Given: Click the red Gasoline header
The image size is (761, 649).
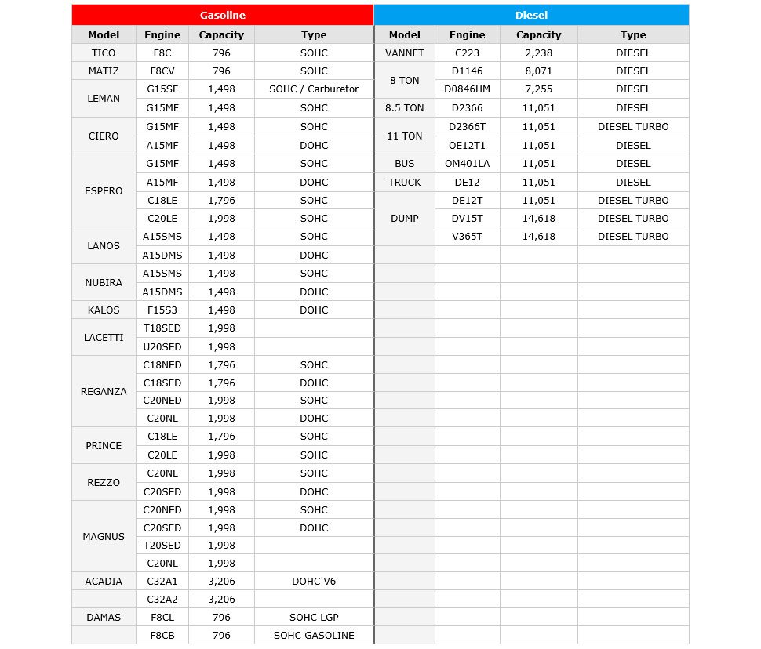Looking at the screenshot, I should coord(222,15).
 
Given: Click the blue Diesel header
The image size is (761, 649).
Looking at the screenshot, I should coord(531,15).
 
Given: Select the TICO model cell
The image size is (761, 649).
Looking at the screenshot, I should coord(104,53).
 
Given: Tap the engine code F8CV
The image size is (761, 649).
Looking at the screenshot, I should coord(162,71).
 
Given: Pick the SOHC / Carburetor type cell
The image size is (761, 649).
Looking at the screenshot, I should coord(314,89).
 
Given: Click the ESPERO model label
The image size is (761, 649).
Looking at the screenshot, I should coord(104,191).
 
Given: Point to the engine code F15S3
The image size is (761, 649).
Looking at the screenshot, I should coord(162,310).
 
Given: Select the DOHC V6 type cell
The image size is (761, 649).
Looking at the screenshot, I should coord(314,582).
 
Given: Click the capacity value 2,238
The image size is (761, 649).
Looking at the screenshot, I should coord(538,53).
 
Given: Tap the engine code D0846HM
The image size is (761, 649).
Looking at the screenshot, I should coord(467,89).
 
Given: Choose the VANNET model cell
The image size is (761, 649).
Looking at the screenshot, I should coord(405,53).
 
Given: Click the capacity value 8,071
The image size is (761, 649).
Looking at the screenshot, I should coord(538,71).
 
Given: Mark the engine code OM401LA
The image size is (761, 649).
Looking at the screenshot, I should coord(467,164).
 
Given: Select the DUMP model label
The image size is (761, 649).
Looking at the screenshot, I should coord(405,219).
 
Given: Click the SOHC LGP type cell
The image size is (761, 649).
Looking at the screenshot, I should coord(314,618).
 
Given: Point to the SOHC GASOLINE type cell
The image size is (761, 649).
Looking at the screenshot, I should coord(314,636).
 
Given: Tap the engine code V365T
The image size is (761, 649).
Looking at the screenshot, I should coord(467,237).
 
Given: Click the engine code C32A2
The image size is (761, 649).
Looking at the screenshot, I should coord(162,600).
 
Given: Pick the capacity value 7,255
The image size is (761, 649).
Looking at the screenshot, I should coord(538,89).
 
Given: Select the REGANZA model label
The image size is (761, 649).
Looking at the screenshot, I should coord(104,392).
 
